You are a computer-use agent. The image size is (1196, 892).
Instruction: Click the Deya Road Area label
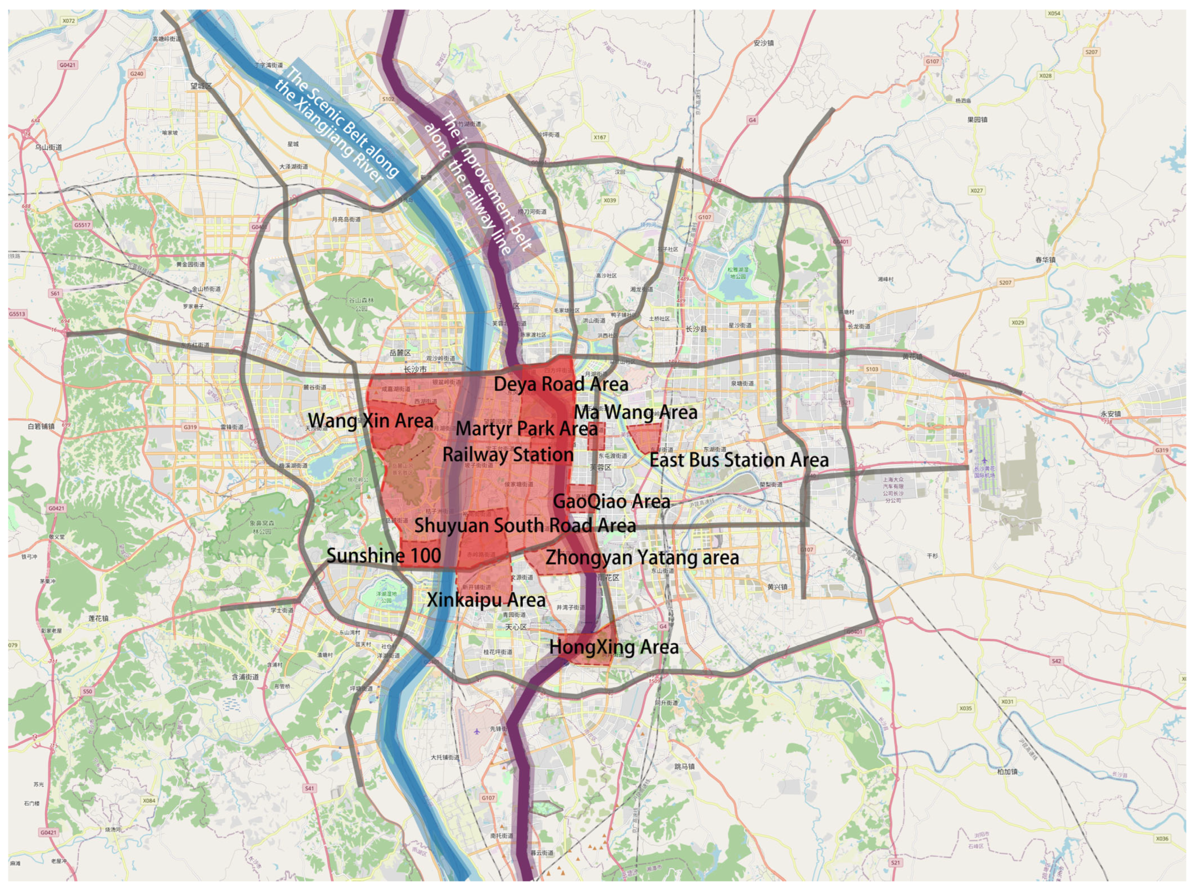click(560, 384)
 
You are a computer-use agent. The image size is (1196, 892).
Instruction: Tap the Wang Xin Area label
click(370, 421)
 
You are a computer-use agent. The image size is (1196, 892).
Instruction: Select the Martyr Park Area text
click(527, 429)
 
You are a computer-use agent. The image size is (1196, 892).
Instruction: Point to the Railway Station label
click(508, 455)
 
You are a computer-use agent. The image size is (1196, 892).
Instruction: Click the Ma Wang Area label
click(635, 413)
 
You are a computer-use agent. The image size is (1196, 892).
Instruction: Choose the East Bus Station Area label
click(738, 461)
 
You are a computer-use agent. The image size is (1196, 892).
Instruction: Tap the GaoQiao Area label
click(611, 501)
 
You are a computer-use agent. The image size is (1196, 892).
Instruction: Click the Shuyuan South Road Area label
click(524, 526)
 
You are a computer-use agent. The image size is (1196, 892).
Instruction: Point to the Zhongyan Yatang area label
click(642, 558)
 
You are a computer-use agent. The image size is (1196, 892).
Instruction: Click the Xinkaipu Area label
click(486, 600)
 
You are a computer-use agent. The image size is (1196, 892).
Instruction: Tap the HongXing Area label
click(614, 648)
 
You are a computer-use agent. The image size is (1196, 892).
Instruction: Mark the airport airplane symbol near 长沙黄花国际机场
click(984, 461)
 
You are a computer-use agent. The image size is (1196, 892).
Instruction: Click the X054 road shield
click(1054, 13)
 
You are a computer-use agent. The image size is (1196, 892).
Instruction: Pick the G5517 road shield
click(83, 225)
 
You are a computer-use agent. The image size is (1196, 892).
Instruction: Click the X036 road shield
click(1162, 839)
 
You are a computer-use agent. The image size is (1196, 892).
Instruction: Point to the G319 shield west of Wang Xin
click(190, 427)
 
